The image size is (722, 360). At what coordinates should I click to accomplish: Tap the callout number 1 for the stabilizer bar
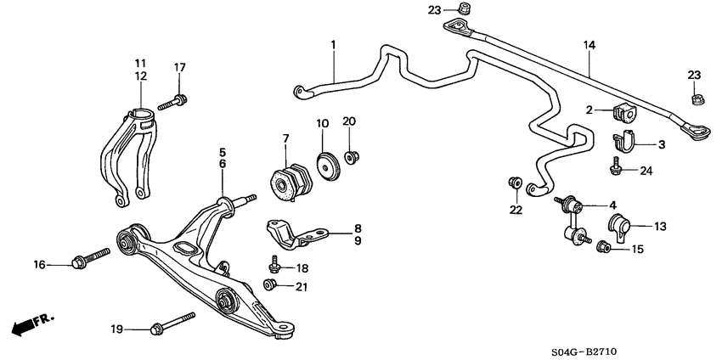pyautogui.click(x=334, y=43)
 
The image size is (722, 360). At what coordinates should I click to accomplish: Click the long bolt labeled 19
pyautogui.click(x=173, y=323)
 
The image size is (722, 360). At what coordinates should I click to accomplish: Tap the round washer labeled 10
pyautogui.click(x=325, y=166)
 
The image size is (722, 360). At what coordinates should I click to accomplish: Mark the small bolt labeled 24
pyautogui.click(x=615, y=167)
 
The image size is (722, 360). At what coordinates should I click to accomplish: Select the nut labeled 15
pyautogui.click(x=604, y=248)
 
